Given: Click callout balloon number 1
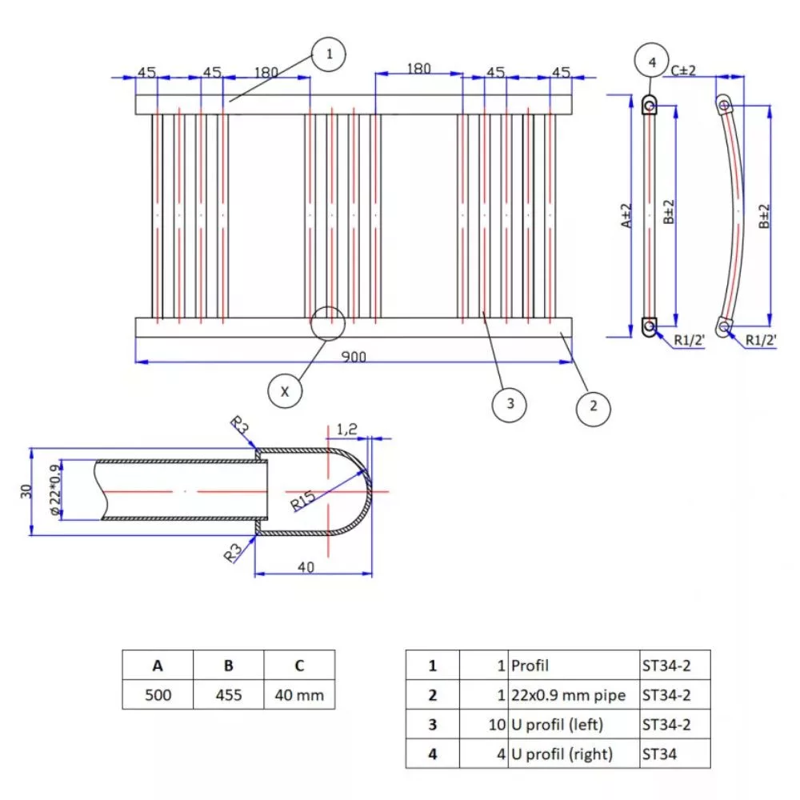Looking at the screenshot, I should tap(329, 55).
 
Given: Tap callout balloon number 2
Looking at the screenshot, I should tap(593, 405).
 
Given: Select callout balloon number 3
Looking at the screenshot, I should tap(510, 405).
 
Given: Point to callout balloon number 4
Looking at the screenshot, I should tap(650, 61).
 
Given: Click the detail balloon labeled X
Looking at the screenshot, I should tap(285, 390).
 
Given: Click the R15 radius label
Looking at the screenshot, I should tap(303, 501).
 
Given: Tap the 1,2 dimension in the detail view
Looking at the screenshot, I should tap(347, 430).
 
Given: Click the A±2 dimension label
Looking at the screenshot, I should tap(627, 216).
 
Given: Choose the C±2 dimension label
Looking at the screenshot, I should tap(684, 70).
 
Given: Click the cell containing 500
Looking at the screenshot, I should tap(158, 694).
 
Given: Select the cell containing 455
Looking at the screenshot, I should tap(229, 694).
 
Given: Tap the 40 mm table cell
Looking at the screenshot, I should tap(299, 694).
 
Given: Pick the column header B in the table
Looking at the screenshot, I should tap(229, 665).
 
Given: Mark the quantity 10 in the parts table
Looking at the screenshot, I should tap(497, 724).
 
